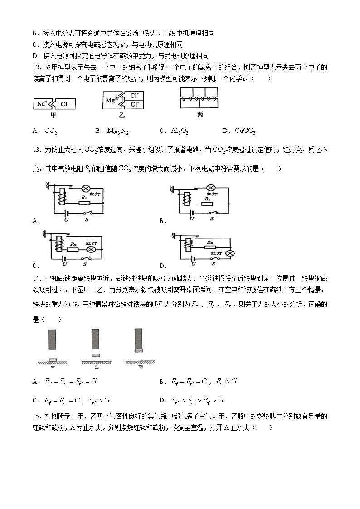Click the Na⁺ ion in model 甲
pos(41,103)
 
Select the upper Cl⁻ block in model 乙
pos(134,96)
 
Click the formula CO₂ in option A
pos(51,131)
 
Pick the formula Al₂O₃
pos(180,131)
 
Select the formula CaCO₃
pos(245,131)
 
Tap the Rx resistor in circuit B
pos(208,203)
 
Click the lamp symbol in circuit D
pos(230,253)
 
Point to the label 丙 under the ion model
pos(200,115)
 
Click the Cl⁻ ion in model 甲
pos(64,103)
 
